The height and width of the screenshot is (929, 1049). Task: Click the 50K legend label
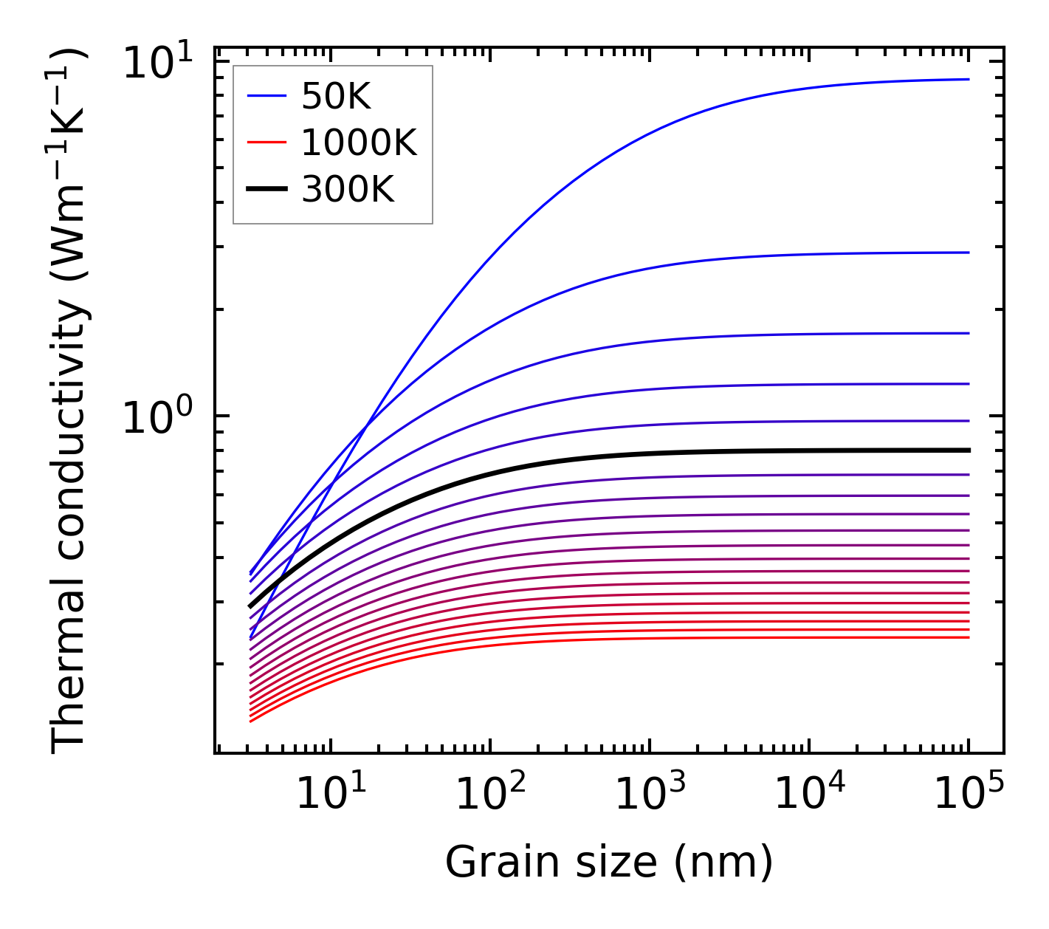[336, 96]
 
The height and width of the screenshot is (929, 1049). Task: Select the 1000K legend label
[359, 143]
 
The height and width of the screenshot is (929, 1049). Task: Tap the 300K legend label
[348, 190]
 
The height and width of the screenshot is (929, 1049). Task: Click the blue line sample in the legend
[266, 96]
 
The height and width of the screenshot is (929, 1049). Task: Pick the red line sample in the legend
[266, 143]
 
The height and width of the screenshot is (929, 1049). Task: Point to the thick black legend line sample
[266, 190]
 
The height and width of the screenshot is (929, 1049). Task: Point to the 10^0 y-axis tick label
[157, 418]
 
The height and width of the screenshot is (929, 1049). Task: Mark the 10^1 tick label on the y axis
[157, 64]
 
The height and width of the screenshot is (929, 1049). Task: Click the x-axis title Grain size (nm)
[609, 862]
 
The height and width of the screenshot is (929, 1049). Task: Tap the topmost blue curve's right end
[967, 79]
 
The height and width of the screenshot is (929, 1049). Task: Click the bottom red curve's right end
[967, 637]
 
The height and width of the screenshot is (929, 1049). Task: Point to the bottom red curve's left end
[252, 721]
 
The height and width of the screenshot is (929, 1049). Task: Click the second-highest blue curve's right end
[967, 253]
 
